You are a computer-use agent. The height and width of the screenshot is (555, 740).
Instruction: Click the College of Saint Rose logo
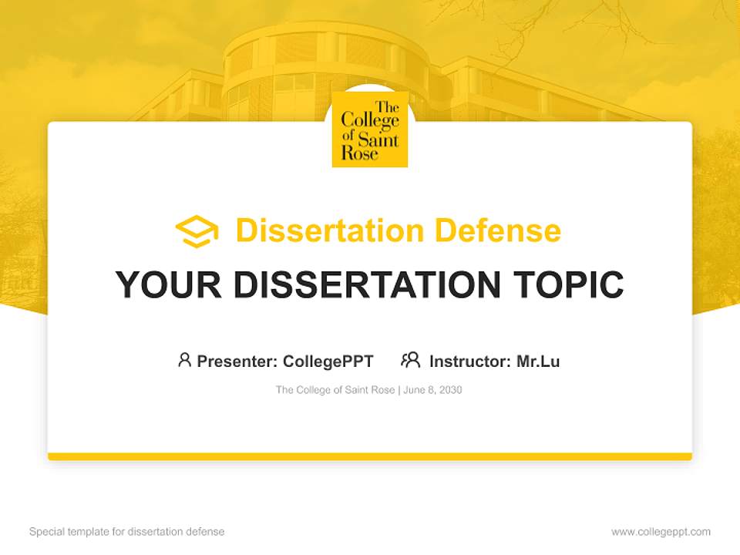point(369,129)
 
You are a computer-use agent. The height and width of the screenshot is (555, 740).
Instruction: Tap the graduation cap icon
point(197,231)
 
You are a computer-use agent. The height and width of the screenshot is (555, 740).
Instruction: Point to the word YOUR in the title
point(169,285)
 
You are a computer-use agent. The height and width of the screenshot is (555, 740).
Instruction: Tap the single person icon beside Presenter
point(184,360)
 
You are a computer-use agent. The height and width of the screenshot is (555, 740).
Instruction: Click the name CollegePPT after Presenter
point(328,362)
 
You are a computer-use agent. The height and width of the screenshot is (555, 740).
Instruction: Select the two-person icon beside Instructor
point(410,360)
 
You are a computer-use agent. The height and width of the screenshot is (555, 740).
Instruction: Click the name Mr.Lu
point(538,362)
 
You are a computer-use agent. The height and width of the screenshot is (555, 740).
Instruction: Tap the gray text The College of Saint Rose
point(335,390)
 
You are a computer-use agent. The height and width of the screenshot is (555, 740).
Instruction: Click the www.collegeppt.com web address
point(661,532)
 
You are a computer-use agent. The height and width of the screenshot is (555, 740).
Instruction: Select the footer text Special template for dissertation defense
point(126,532)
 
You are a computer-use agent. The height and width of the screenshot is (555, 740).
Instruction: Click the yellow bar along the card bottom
point(369,456)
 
